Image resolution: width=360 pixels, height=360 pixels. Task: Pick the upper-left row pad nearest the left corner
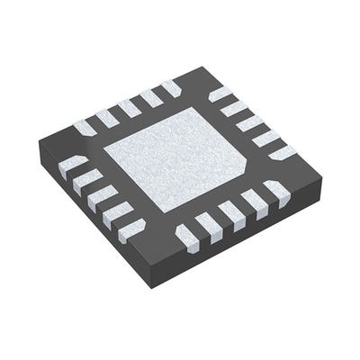coord(85,127)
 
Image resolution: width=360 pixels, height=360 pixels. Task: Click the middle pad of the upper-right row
coord(247,123)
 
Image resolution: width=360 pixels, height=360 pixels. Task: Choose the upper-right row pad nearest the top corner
coord(220,93)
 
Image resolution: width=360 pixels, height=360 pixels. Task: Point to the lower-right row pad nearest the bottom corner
coord(187,237)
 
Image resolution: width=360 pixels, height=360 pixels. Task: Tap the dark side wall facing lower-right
coord(243,247)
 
